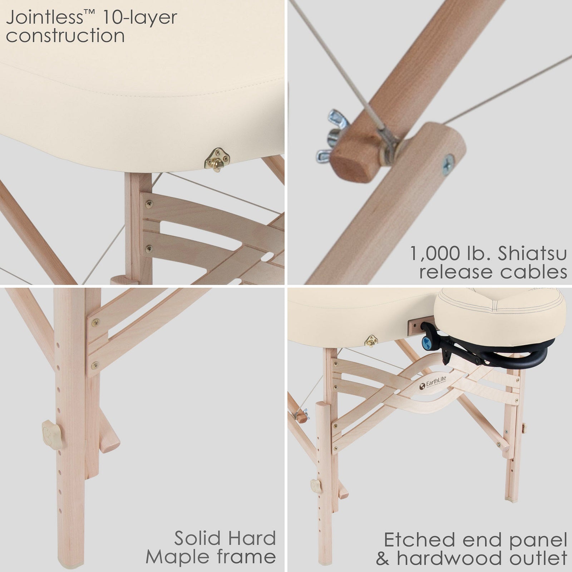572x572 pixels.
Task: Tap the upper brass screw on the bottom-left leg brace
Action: click(x=96, y=322)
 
